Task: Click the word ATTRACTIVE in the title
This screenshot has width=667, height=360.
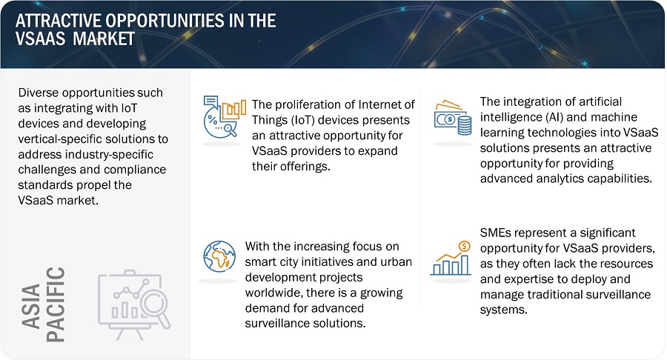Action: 58,21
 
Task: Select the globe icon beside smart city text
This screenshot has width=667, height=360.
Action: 219,256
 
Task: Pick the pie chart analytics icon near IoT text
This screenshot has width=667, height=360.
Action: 224,116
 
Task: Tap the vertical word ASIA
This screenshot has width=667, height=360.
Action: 31,306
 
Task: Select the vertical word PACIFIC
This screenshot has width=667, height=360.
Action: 56,304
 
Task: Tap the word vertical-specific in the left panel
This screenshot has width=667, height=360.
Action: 61,139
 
